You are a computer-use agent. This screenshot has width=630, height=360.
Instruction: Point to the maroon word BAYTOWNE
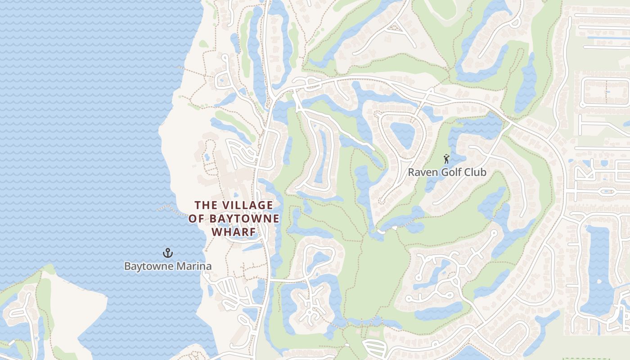point(244,219)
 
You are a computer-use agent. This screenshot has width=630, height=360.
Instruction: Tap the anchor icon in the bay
point(167,253)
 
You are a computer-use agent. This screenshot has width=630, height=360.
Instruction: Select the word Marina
point(193,266)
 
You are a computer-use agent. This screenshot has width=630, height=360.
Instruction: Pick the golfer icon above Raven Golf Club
point(446,159)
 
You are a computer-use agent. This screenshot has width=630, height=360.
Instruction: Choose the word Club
point(476,172)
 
